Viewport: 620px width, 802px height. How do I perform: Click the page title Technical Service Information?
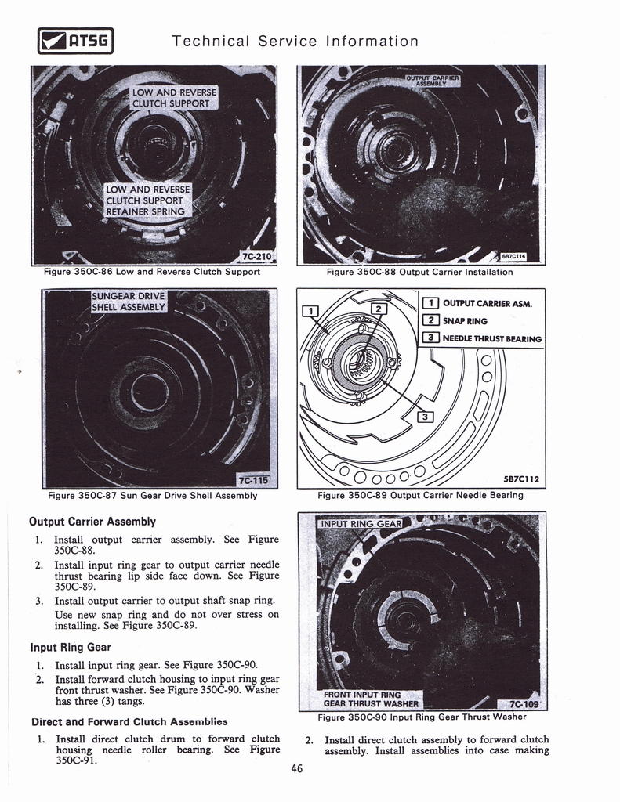pos(295,41)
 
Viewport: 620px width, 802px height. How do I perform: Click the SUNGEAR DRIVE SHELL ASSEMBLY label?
pos(129,302)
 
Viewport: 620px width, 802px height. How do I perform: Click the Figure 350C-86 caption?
pos(152,273)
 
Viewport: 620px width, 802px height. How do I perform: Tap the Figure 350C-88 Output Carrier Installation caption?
pos(419,273)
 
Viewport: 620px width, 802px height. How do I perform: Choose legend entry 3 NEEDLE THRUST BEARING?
pos(482,338)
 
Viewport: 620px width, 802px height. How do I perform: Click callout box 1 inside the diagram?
pos(310,312)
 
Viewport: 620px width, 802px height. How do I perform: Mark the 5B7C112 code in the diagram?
pos(522,479)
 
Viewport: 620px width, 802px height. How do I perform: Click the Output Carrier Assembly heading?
pos(92,522)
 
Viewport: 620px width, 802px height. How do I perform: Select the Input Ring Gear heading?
pos(70,648)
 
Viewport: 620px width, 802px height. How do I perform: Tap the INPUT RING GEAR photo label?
pos(361,524)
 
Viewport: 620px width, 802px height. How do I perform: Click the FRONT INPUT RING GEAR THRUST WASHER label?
pos(371,699)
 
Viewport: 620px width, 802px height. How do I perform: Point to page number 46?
pos(297,769)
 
